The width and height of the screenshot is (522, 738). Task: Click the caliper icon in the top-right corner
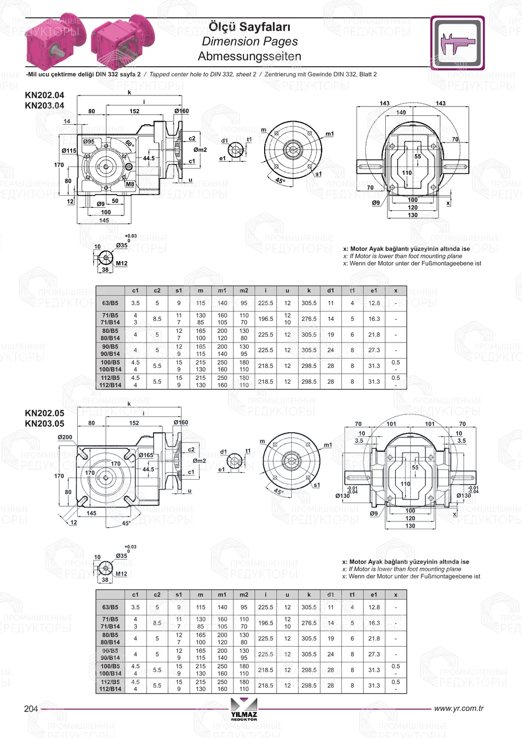coord(457,43)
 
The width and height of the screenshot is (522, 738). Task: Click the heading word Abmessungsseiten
coord(249,56)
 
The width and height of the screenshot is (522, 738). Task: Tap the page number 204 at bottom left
coord(31,708)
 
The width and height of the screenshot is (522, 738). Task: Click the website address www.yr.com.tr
coord(458,708)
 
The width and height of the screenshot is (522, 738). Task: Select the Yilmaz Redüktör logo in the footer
coord(244,711)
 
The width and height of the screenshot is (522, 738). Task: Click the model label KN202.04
coord(44,95)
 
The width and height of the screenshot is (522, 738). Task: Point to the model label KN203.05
coord(44,423)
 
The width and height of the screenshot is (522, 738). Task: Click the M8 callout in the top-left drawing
coord(130,184)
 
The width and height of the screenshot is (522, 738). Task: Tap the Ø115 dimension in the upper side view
coord(69,150)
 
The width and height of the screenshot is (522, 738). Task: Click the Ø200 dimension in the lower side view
coord(65,437)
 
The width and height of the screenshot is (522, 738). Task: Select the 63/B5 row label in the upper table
coord(110,303)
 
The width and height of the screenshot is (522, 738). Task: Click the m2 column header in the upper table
coord(244,291)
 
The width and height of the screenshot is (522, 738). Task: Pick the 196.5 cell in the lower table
coord(265,623)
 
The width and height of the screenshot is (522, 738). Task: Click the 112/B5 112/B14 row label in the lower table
coord(110,685)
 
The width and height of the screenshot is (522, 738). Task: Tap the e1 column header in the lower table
coord(374,594)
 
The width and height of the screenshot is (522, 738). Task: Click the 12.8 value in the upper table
coord(374,303)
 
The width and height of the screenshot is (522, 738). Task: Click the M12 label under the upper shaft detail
coord(121,264)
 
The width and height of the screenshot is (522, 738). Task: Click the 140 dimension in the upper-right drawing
coord(400,112)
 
